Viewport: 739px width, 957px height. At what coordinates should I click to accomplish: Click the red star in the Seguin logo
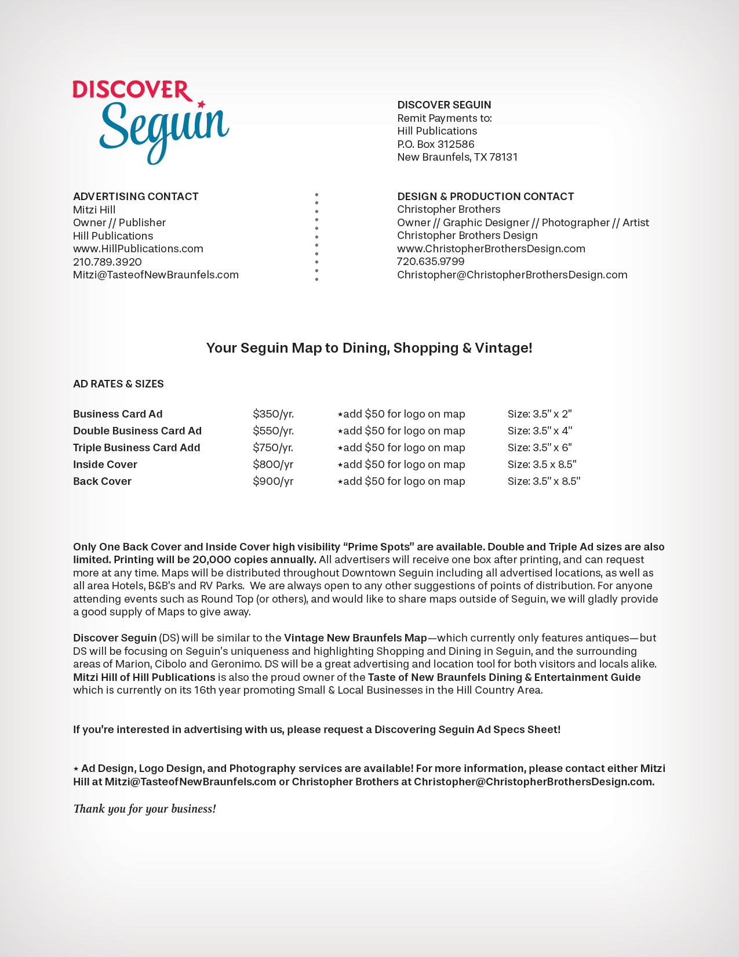click(201, 104)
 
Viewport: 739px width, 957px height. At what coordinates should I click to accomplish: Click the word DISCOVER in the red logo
click(132, 90)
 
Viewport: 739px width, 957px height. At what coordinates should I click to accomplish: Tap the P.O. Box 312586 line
click(436, 144)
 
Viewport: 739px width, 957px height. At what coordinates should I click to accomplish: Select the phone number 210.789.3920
click(107, 262)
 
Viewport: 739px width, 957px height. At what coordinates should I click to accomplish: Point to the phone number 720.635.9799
click(431, 262)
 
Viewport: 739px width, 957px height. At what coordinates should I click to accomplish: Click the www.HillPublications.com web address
click(138, 249)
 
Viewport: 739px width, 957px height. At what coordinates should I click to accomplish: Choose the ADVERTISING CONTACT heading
click(136, 197)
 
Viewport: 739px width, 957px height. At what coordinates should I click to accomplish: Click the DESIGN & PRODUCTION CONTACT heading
click(485, 197)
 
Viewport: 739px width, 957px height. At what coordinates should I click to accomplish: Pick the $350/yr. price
click(273, 414)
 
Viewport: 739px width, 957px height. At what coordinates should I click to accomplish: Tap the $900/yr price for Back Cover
click(273, 481)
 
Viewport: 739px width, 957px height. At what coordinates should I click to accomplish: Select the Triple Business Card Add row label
click(136, 448)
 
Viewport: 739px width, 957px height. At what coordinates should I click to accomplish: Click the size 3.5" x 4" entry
click(540, 431)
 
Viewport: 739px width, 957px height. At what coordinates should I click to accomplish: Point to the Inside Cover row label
click(105, 465)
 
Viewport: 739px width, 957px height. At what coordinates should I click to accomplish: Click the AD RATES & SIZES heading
click(118, 384)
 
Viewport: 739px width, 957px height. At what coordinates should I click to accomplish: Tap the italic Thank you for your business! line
click(144, 809)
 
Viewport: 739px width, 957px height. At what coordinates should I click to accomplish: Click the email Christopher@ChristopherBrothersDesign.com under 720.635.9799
click(512, 275)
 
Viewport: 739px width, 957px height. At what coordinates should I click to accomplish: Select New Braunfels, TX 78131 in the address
click(457, 157)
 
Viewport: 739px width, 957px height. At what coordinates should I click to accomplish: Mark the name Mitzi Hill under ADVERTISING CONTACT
click(94, 210)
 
